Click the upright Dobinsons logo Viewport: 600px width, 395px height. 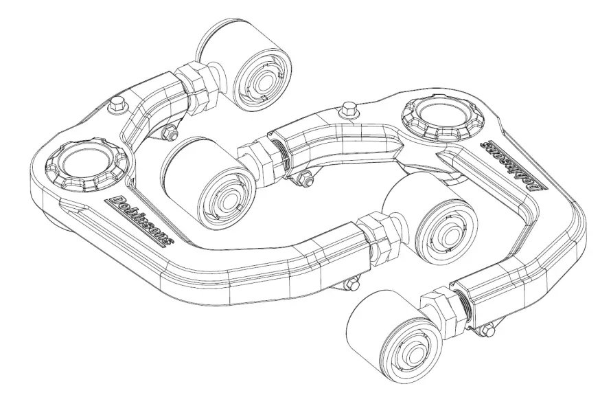141,221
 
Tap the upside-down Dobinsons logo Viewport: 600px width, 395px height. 514,166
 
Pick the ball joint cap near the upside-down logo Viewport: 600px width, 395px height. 443,119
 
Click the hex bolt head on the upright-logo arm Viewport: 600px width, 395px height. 117,104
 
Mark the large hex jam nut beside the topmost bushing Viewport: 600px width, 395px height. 196,87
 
